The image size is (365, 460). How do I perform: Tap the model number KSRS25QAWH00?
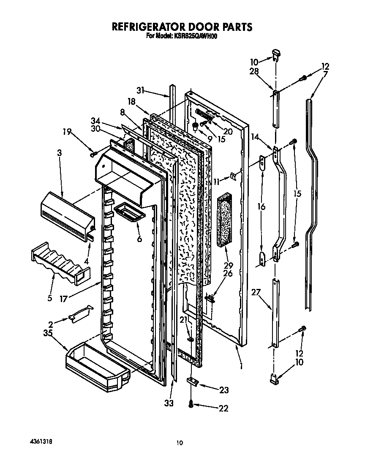[x=193, y=36]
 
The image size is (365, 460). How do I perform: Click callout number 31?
[x=141, y=90]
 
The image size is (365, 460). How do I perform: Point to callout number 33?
[x=169, y=403]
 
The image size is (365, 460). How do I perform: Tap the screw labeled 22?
[x=191, y=405]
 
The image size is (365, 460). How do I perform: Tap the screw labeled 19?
[x=94, y=154]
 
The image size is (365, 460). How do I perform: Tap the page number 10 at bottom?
[x=180, y=443]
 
